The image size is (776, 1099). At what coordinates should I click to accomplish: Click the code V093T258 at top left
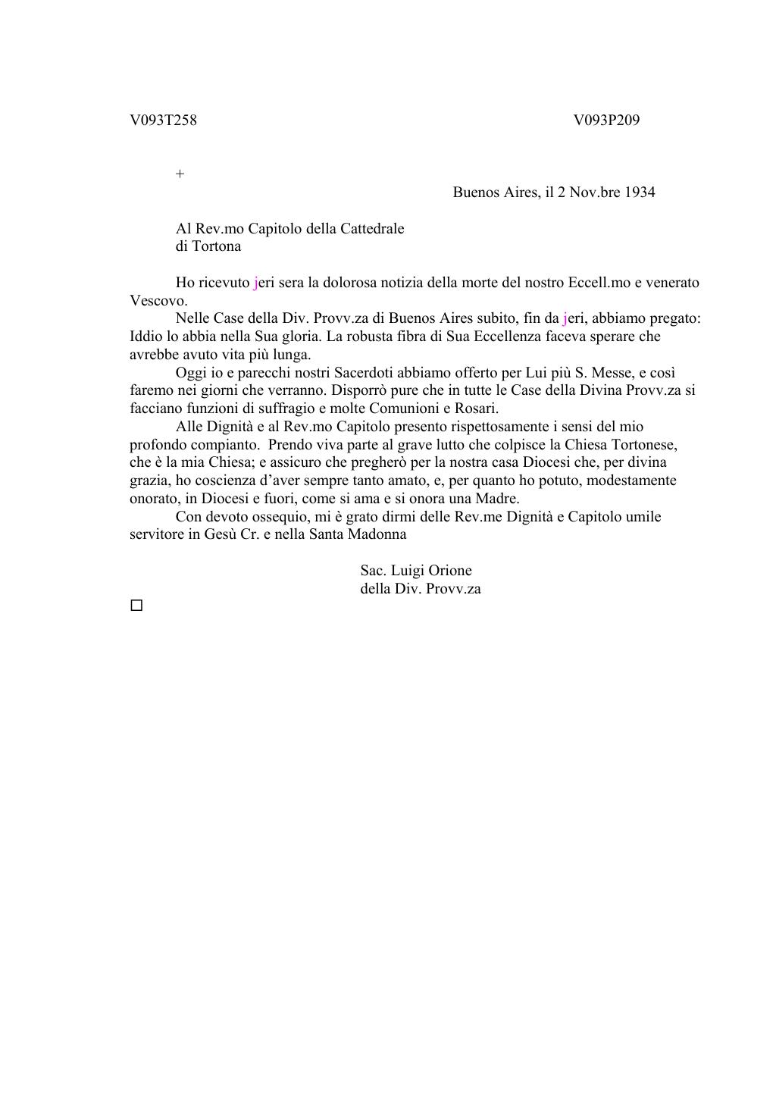pyautogui.click(x=163, y=120)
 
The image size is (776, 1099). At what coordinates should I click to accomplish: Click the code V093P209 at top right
pyautogui.click(x=606, y=120)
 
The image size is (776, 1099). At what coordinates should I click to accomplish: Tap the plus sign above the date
pyautogui.click(x=180, y=174)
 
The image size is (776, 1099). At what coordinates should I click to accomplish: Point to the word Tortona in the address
pyautogui.click(x=218, y=246)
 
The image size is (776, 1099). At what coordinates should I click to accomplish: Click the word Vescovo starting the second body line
pyautogui.click(x=157, y=300)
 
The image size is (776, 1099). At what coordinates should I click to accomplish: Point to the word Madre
pyautogui.click(x=496, y=499)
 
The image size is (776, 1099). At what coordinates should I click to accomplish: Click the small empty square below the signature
pyautogui.click(x=136, y=606)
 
